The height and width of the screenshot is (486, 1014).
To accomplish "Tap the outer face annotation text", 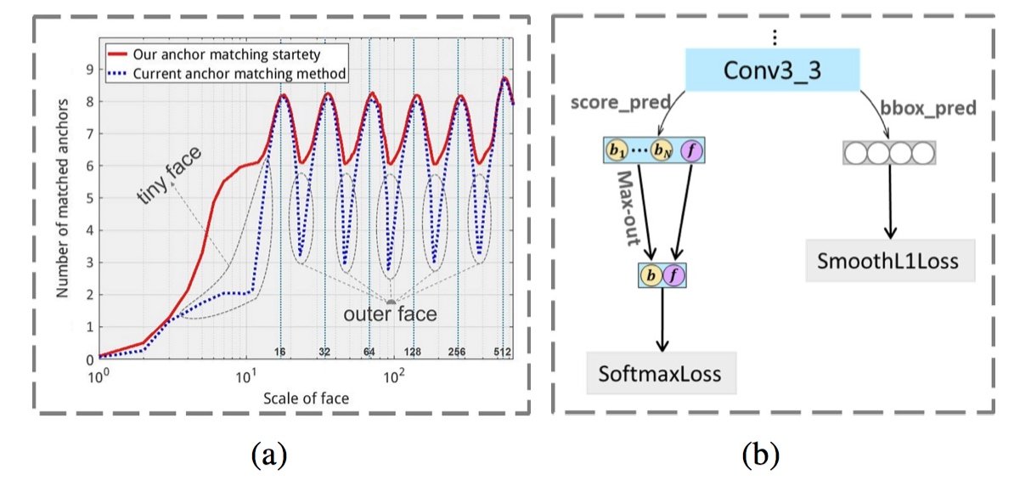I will click(x=390, y=314).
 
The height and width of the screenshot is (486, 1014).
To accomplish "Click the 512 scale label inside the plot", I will click(x=502, y=351).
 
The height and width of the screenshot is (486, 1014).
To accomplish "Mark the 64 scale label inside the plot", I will click(x=370, y=351).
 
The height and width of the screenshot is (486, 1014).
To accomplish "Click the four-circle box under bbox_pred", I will click(x=889, y=153).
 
